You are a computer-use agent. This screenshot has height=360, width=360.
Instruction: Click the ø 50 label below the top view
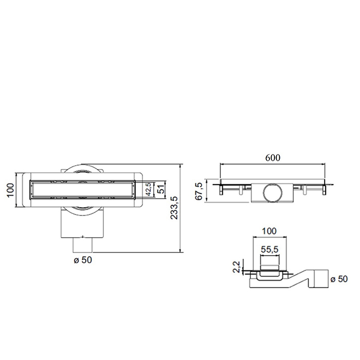82,260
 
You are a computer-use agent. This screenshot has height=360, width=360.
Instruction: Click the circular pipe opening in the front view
272,194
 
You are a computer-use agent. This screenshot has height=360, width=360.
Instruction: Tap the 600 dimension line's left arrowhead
222,165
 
